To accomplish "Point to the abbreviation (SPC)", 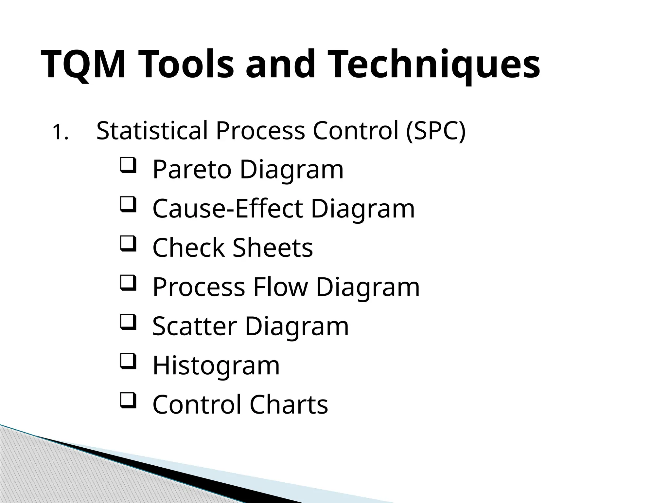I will click(x=435, y=131).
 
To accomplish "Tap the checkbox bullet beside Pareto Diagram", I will click(x=128, y=166).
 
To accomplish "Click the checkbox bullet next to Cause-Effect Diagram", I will click(x=128, y=205).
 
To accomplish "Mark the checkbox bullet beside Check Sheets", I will click(x=128, y=244).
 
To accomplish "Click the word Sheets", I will click(x=273, y=248).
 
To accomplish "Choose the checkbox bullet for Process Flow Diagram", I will click(x=128, y=283).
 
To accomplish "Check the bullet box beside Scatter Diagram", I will click(x=128, y=322).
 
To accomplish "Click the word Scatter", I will click(x=194, y=326).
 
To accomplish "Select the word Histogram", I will click(x=216, y=365).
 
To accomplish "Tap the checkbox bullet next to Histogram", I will click(x=128, y=362).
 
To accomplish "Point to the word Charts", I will click(x=289, y=404).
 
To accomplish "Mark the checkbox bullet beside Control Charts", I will click(x=128, y=401).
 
